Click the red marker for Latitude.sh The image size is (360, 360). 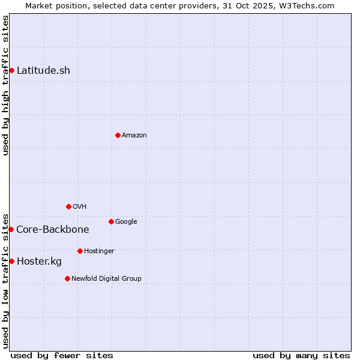11,71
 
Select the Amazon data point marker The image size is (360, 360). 118,135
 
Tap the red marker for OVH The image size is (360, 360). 68,206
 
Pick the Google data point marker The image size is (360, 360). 111,221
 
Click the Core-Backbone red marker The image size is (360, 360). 11,229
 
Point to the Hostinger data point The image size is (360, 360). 80,251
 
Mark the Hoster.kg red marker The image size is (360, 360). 11,261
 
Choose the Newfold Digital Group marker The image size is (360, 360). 67,278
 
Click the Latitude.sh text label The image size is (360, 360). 43,71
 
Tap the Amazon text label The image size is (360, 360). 134,135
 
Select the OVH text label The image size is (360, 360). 80,206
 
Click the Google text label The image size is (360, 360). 126,221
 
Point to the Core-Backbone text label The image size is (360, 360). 53,229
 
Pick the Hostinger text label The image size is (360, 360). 99,251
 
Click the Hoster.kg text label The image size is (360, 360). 39,261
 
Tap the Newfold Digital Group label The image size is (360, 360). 106,278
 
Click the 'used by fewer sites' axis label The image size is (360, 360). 62,355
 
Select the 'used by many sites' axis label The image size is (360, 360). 301,355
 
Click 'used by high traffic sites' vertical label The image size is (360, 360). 5,85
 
